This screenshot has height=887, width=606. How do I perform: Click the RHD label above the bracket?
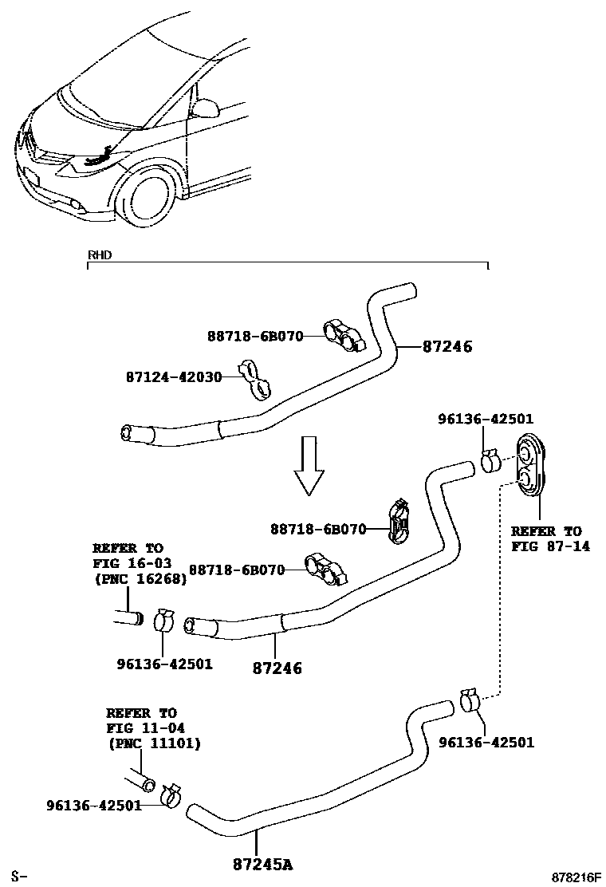tap(99, 255)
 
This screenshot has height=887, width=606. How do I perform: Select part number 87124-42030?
tap(173, 376)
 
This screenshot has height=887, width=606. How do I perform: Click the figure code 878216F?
tap(572, 877)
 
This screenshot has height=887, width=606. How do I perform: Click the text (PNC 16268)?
tap(140, 579)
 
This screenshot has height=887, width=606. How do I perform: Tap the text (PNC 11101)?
tap(154, 743)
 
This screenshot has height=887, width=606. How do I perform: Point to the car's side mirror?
tap(207, 108)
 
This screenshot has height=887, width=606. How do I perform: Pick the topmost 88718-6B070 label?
tap(255, 337)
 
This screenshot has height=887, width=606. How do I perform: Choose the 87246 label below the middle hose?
tap(277, 668)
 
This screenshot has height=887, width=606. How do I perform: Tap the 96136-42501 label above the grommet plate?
tap(486, 419)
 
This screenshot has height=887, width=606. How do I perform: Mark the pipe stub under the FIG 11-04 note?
tap(140, 779)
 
